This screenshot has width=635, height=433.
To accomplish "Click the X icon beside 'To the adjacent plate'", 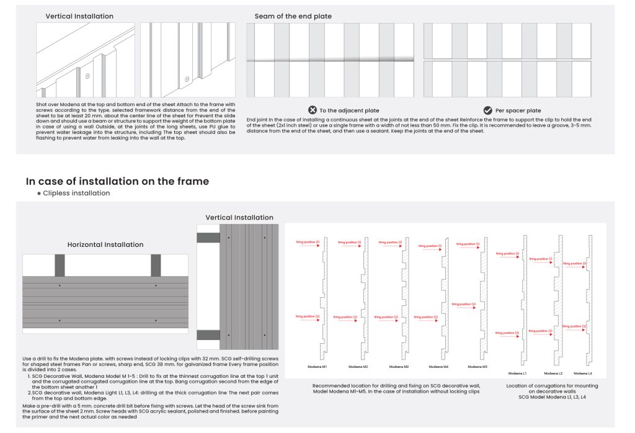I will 313,110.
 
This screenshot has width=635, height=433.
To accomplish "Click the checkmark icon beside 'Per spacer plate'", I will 488,110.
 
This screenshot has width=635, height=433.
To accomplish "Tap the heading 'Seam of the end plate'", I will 293,16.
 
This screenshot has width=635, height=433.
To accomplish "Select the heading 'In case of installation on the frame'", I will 117,181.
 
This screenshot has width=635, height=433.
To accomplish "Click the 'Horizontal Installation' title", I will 105,244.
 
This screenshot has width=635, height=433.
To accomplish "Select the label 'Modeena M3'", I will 399,367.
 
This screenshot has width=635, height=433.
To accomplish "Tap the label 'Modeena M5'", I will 477,367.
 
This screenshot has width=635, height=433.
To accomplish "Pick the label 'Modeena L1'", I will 518,373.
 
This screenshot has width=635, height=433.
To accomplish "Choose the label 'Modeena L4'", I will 582,373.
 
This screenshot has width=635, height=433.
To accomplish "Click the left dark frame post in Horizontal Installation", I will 60,265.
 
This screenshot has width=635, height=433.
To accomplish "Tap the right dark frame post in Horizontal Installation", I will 156,265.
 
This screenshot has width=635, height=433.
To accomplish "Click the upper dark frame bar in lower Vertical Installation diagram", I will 208,238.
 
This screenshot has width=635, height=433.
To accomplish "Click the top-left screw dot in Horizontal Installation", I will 60,285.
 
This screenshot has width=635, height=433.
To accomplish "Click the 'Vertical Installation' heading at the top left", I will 79,16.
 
